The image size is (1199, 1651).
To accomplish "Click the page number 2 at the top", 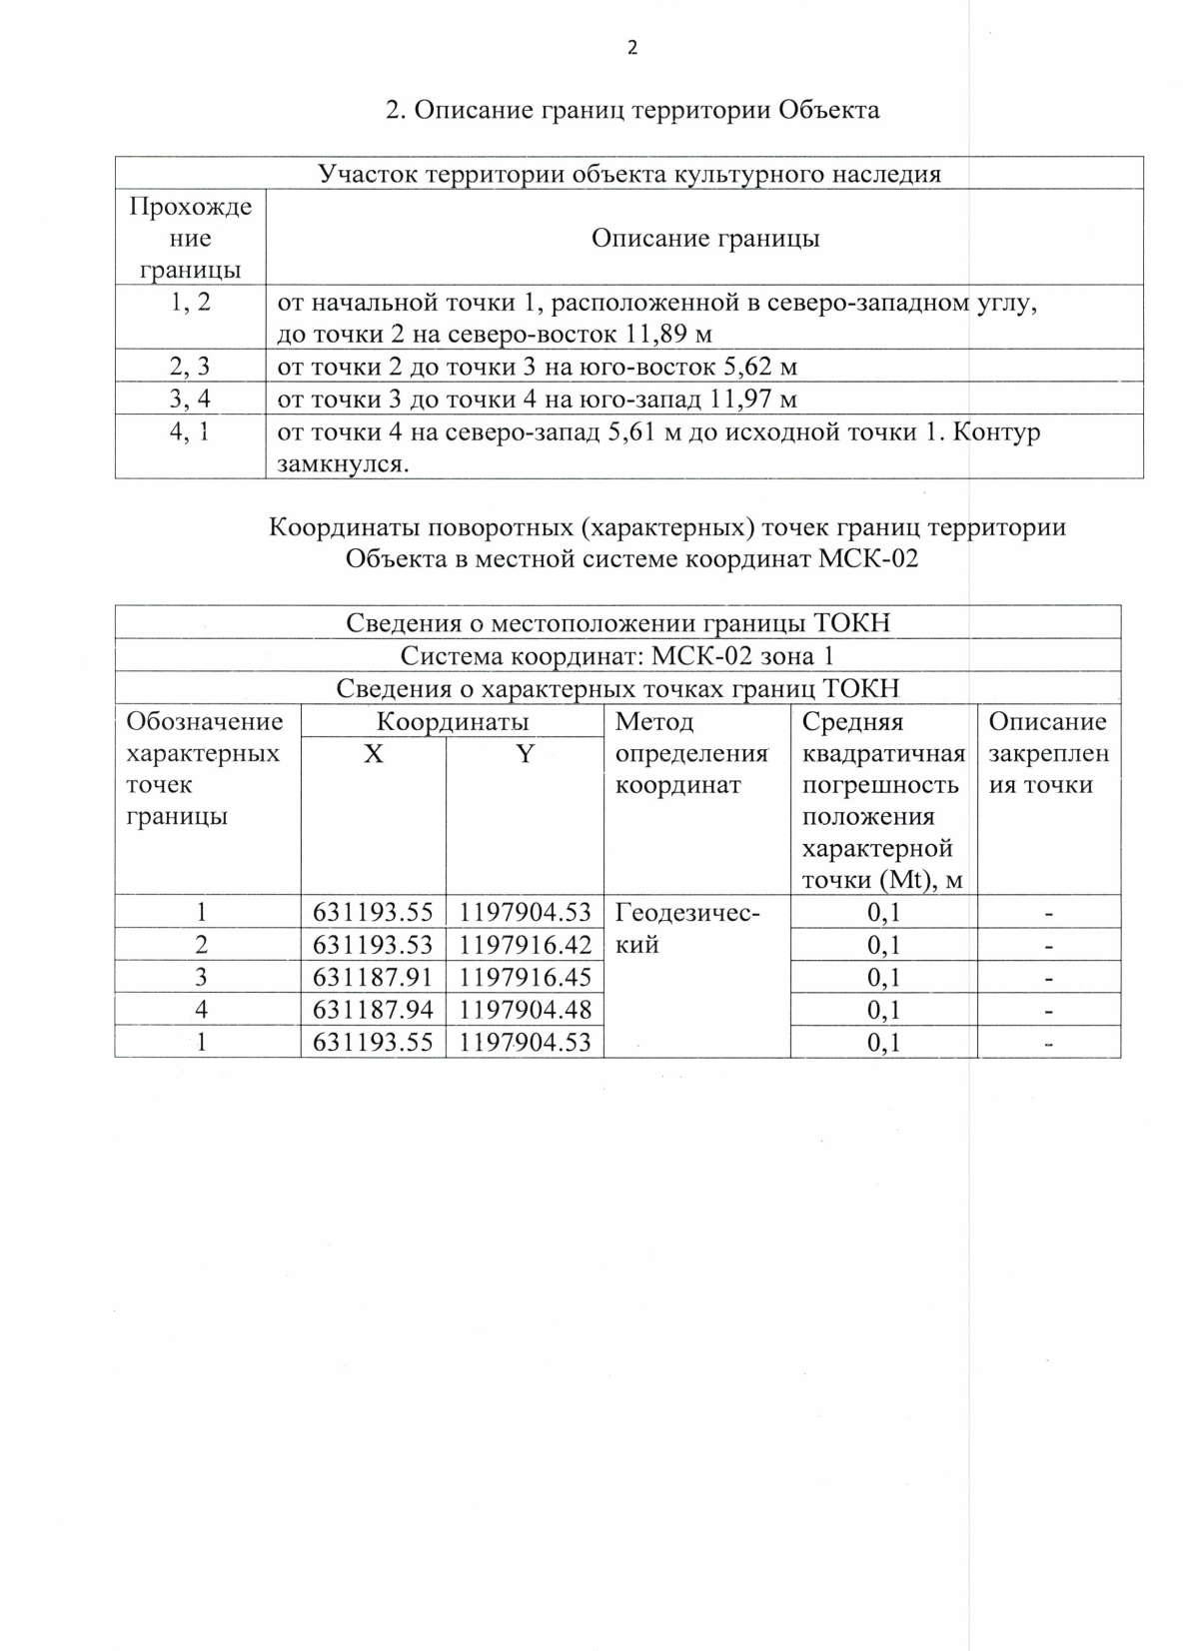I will (631, 48).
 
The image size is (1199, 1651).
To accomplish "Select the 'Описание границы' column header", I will (705, 239).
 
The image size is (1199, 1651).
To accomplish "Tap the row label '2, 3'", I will (190, 366).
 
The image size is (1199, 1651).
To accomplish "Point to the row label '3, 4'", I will (190, 400).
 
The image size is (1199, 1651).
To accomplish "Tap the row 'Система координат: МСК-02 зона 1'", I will (617, 656).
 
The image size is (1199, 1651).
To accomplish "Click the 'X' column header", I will (373, 754).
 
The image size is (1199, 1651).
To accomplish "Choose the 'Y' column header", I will (525, 754).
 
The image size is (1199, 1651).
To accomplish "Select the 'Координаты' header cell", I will (453, 721).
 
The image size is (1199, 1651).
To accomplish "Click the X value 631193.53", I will (373, 945).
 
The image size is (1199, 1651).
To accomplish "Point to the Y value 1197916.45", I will (526, 977).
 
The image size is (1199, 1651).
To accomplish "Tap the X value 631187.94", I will (373, 1010).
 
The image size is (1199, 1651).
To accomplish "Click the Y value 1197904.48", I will (526, 1010).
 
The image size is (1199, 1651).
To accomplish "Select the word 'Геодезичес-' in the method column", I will (687, 912).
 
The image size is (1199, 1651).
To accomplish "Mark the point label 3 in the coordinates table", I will (202, 977).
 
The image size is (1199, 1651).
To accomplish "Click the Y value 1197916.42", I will (526, 945).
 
